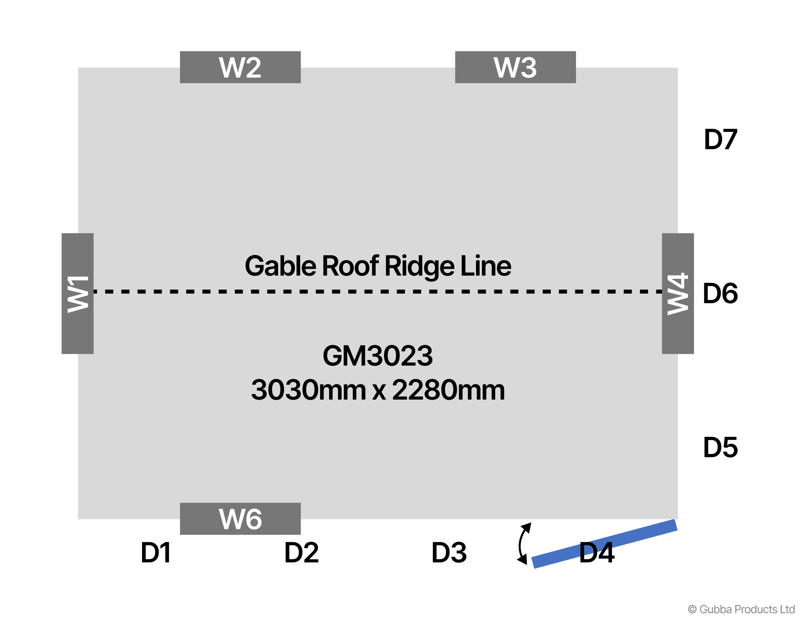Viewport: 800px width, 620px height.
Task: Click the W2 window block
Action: coord(240,67)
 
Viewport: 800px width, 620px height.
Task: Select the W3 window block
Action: coord(515,67)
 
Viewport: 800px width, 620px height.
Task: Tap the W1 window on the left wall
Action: coord(78,294)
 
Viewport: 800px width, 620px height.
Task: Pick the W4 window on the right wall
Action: coord(678,294)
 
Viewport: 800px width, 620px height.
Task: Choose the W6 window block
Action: coord(240,519)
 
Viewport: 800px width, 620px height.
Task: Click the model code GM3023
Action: coord(378,356)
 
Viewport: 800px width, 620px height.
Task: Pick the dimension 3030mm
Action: coord(308,390)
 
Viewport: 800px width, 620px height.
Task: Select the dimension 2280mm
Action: coord(448,390)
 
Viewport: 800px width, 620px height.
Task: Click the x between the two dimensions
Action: coord(379,391)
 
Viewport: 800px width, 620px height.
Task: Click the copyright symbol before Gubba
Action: coord(692,610)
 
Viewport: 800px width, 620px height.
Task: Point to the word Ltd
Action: coord(787,609)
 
